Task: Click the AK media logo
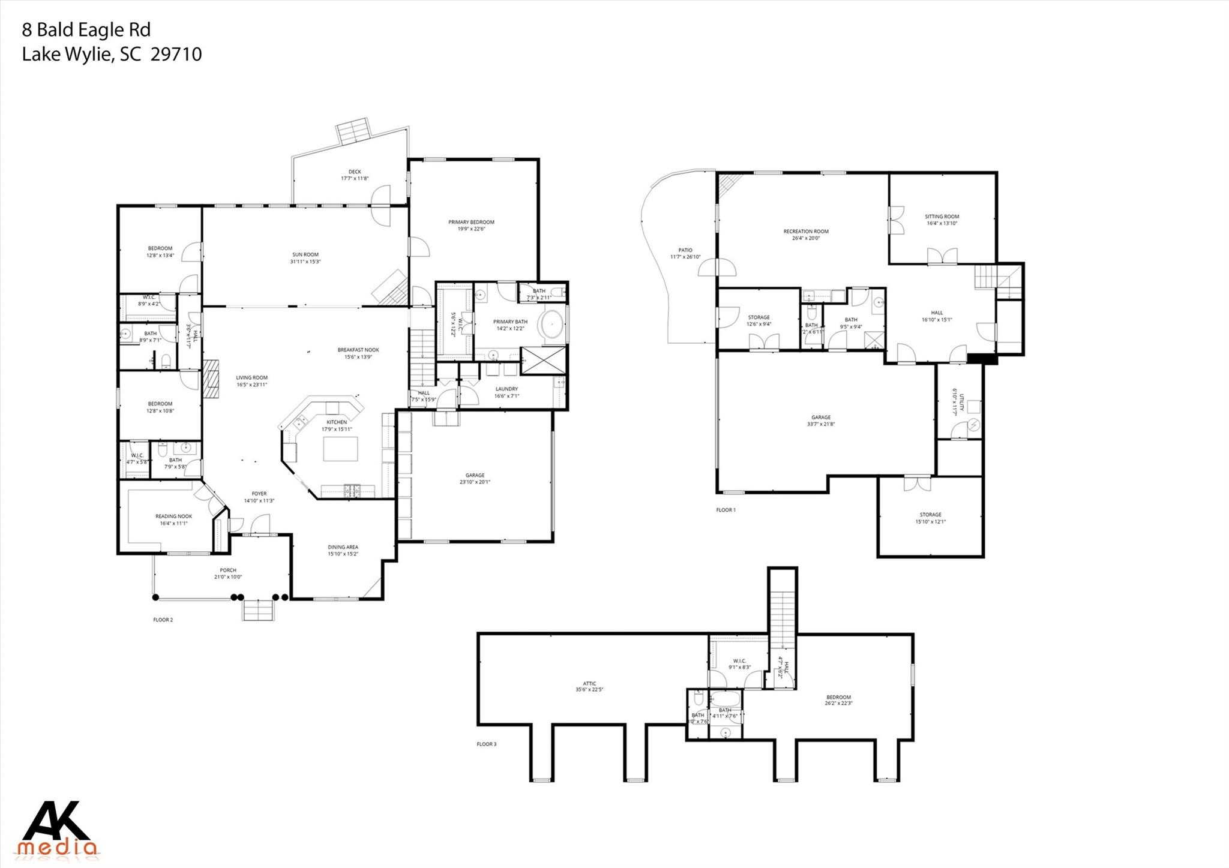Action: click(x=59, y=828)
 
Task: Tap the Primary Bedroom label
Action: click(x=471, y=223)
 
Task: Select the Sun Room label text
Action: click(x=305, y=254)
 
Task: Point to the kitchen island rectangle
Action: click(x=340, y=449)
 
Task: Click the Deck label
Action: click(x=355, y=172)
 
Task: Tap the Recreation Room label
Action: click(x=805, y=232)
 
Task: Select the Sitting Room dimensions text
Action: click(x=942, y=223)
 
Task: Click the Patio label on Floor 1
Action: click(x=685, y=250)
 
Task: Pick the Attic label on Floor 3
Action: click(x=589, y=683)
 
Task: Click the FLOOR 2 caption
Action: click(x=163, y=620)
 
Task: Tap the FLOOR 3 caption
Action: click(x=486, y=744)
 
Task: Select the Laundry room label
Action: click(x=506, y=389)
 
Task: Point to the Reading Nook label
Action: click(x=173, y=516)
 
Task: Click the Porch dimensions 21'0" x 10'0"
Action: click(x=228, y=577)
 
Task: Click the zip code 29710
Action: click(x=176, y=55)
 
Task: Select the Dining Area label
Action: click(x=343, y=547)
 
